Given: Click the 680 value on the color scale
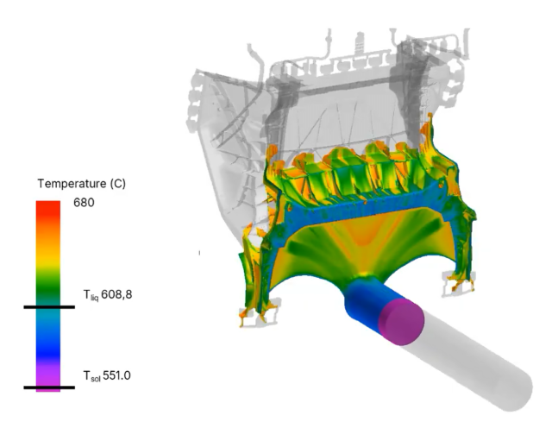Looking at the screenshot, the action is tap(84, 203).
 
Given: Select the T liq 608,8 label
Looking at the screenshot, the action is tap(107, 294).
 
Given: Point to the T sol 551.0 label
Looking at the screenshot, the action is tap(107, 375).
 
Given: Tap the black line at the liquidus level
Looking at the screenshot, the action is tap(49, 307).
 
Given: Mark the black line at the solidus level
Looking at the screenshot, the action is tap(49, 387).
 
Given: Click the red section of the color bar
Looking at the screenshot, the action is tap(48, 211).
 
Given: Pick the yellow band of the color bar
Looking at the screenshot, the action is tap(48, 259).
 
